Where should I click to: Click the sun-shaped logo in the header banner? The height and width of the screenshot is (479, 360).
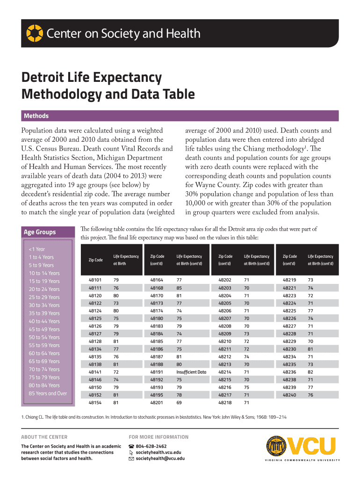point(34,34)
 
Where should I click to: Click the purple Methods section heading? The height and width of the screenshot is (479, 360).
point(36,116)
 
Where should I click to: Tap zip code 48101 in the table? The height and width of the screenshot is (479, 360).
point(95,280)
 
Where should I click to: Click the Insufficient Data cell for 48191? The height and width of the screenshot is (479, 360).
point(191,372)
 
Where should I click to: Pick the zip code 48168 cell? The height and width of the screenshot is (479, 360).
point(157,288)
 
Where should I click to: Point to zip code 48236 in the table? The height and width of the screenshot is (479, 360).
point(289,372)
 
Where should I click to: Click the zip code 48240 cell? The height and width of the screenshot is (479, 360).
point(289,395)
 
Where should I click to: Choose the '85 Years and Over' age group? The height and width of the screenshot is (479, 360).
point(48,393)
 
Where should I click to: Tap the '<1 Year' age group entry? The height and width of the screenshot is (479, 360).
point(37,249)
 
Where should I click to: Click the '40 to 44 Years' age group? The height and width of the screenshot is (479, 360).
point(44,321)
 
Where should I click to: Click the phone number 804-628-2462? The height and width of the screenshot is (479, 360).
point(151,446)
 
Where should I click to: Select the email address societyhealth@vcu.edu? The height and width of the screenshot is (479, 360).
point(160,458)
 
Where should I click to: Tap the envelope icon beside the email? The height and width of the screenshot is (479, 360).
point(131,458)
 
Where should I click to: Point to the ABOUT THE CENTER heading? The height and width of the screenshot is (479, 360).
point(44,437)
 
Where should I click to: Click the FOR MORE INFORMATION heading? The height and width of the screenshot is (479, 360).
point(158,437)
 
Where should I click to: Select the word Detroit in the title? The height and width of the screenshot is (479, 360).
point(45,78)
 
